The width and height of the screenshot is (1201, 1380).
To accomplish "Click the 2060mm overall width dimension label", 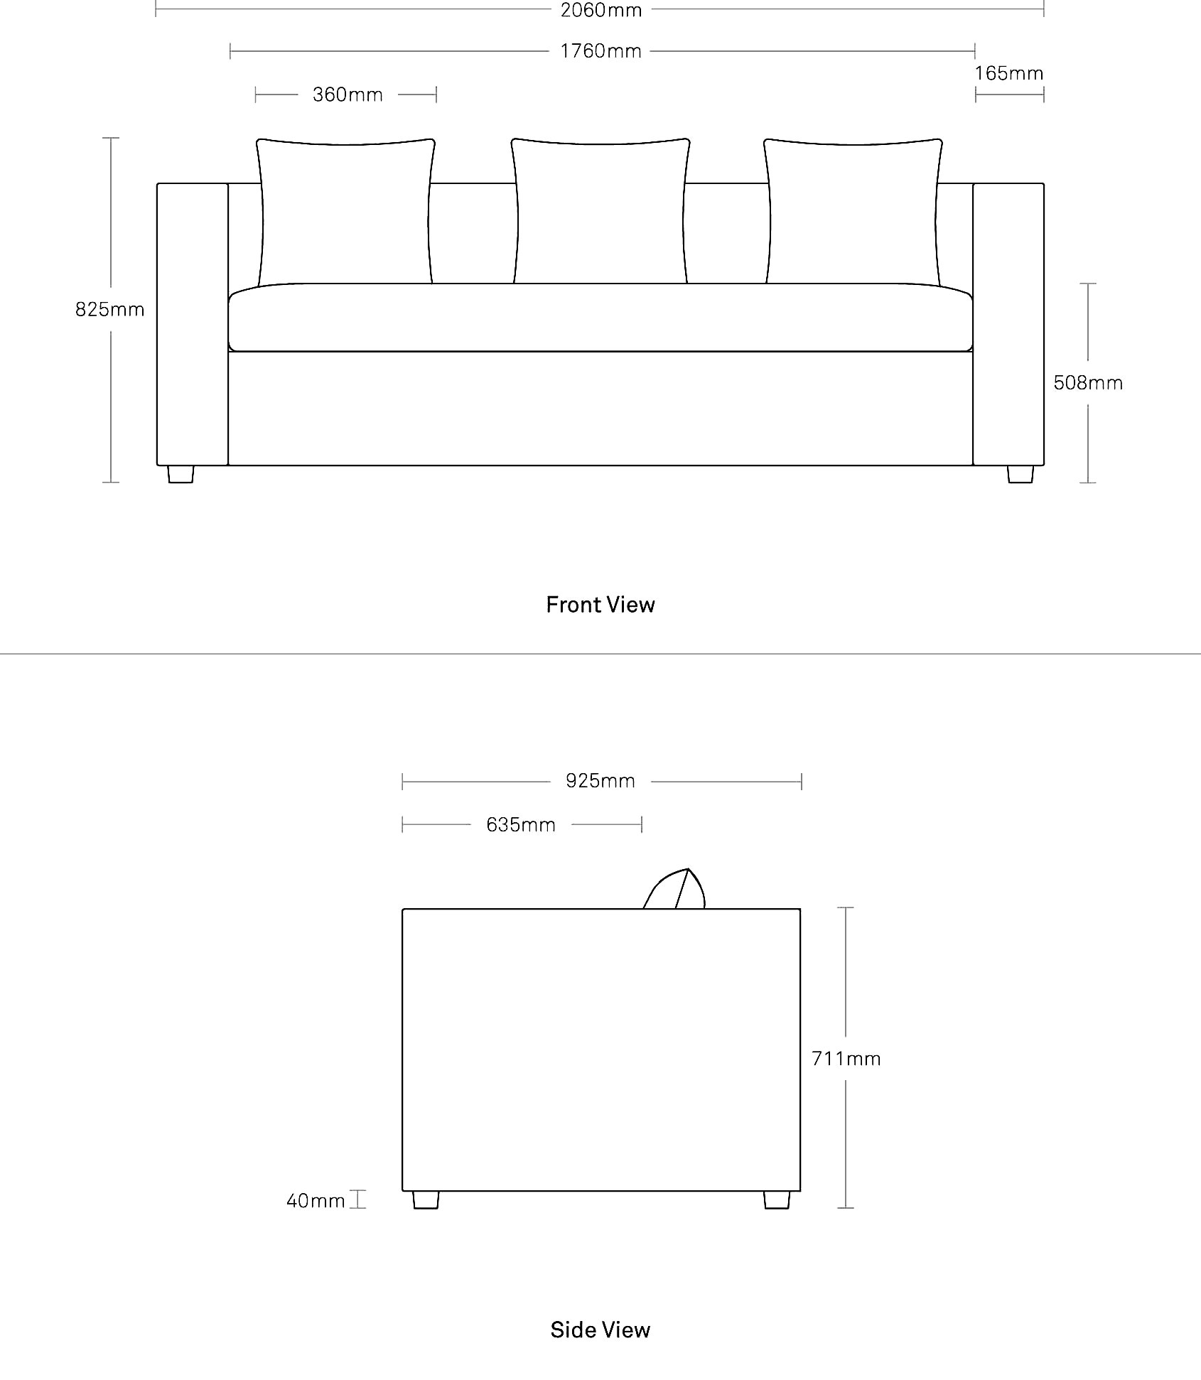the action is pos(601,10).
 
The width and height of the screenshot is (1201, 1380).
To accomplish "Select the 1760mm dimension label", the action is pos(601,51).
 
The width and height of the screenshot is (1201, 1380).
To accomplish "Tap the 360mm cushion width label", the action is pos(348,95).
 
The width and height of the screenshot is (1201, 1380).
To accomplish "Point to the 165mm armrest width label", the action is pos(1009,73).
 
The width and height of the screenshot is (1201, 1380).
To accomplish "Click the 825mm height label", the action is pos(110,309).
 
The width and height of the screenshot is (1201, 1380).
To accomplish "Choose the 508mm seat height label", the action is pos(1088,383).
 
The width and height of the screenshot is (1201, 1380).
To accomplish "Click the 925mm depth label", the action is pos(600,781).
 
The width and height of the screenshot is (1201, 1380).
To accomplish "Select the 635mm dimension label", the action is pos(521,824).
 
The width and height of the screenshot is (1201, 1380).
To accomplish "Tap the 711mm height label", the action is pos(846,1059).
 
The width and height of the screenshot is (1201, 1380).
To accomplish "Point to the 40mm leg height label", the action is pos(316,1201).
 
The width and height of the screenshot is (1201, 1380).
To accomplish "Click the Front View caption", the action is pos(600,605).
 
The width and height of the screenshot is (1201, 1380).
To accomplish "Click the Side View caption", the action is pos(600,1330).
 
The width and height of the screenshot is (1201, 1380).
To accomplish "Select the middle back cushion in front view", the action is pos(600,212).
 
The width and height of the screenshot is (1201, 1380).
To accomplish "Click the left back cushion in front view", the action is pos(345,212).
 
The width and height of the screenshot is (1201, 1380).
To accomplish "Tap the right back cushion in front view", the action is pos(853,212).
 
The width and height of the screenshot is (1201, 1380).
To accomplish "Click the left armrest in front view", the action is pos(193,324).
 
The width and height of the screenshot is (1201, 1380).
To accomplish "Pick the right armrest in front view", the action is pos(1008,324).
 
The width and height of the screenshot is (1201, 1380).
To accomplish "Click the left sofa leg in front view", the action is pos(181,474).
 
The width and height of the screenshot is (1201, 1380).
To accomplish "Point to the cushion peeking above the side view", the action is pos(674,889).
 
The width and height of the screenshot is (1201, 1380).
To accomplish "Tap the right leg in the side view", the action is pos(777,1200).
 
